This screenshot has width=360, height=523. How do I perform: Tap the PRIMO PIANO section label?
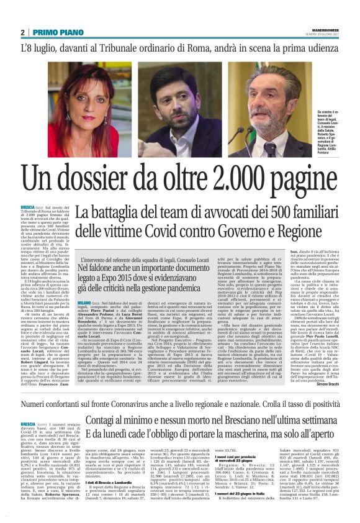tap(55, 32)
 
